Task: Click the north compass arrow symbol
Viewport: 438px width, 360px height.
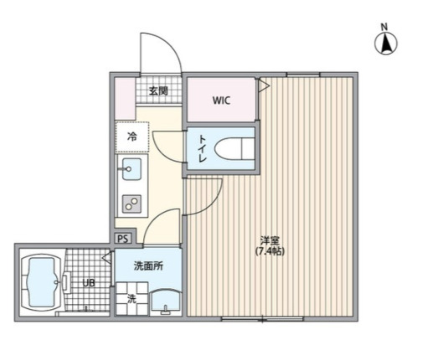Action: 386,44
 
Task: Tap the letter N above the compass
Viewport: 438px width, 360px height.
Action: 385,26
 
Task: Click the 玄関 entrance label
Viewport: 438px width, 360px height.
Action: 159,91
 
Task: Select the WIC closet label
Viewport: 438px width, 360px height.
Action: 220,100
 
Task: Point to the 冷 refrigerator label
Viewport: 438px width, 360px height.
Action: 132,136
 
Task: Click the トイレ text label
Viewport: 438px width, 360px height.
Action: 202,149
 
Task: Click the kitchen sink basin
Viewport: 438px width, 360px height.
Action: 131,170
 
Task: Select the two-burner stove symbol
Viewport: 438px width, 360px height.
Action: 132,202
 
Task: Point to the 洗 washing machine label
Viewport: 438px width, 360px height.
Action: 131,297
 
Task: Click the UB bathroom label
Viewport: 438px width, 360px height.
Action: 89,283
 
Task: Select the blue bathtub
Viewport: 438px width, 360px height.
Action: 41,282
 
